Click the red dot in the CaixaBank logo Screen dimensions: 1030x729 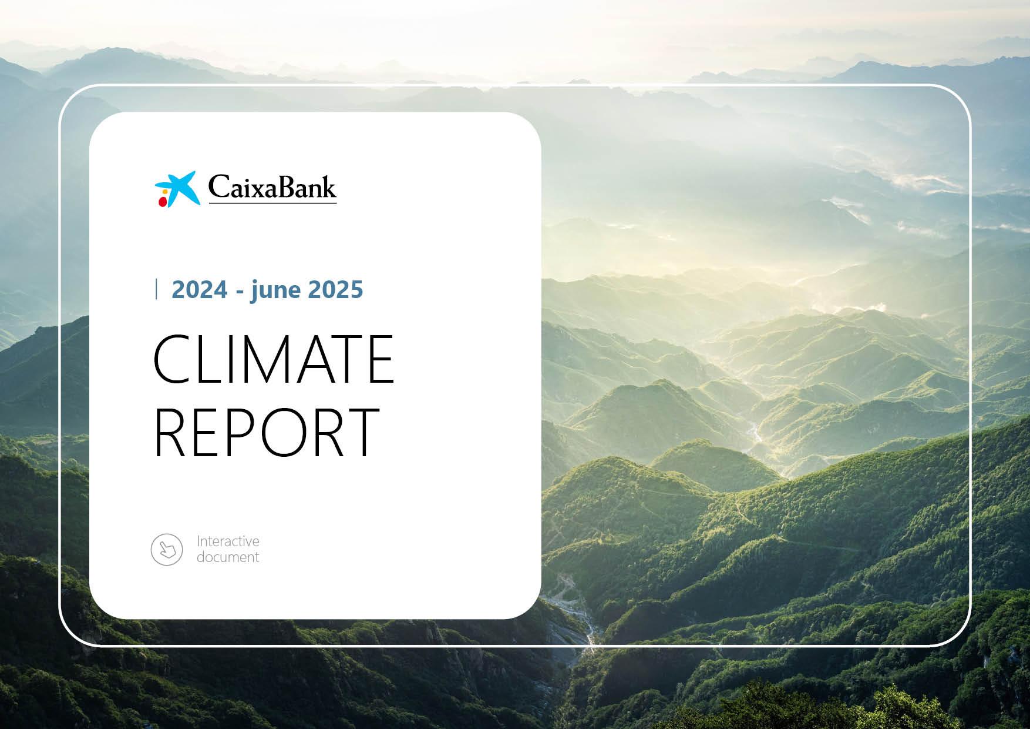[162, 202]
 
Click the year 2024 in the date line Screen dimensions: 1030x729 [200, 290]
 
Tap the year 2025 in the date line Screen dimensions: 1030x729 [335, 290]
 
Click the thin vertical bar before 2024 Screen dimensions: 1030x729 [156, 290]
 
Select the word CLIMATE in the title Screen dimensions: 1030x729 [273, 359]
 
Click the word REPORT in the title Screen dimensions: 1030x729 [266, 431]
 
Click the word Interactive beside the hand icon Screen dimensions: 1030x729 [228, 541]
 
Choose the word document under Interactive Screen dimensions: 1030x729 [228, 557]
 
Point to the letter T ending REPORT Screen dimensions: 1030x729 [359, 431]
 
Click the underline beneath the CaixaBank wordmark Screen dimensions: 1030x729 [272, 203]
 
